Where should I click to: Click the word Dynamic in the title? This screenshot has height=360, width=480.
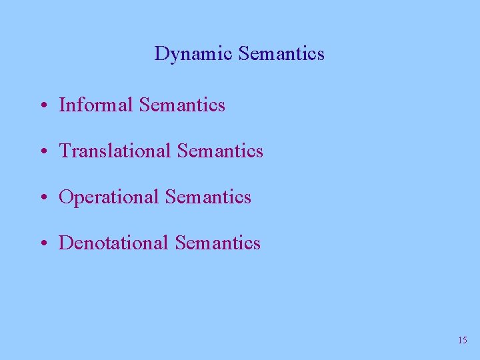[x=193, y=54]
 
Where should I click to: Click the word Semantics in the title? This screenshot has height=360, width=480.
[x=281, y=53]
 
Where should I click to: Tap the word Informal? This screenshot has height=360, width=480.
[x=97, y=105]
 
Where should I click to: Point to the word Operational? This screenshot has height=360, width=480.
[x=109, y=197]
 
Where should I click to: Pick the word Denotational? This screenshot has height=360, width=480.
[x=114, y=243]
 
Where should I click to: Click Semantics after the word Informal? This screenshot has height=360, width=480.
[x=183, y=105]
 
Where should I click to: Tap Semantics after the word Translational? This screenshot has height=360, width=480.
[x=221, y=151]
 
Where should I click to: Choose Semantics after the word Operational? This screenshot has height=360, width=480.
[x=208, y=197]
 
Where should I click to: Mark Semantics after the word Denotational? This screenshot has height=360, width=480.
[x=217, y=243]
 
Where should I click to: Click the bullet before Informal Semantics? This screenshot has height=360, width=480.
[x=43, y=106]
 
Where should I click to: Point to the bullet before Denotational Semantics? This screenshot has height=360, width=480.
[x=43, y=244]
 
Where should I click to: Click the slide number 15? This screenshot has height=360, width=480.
[x=463, y=341]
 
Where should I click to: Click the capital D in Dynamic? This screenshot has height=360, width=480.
[x=161, y=53]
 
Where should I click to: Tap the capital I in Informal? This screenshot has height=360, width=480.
[x=62, y=105]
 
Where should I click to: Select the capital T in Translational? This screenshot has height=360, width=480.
[x=65, y=151]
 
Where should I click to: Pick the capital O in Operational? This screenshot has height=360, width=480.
[x=66, y=197]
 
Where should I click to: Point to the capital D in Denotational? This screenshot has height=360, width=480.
[x=66, y=243]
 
